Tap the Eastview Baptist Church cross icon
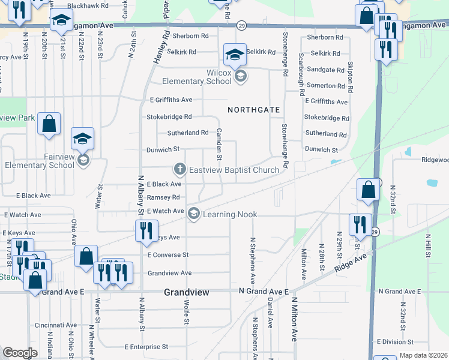178,170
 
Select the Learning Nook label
230,214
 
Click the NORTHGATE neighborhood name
254,110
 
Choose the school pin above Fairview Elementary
82,140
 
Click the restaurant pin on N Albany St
146,231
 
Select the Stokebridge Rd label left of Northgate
169,117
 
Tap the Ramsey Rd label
163,197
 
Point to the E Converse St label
167,255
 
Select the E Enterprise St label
146,347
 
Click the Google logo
20,353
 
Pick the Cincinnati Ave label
55,325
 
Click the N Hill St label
427,246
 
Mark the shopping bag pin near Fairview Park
49,124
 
